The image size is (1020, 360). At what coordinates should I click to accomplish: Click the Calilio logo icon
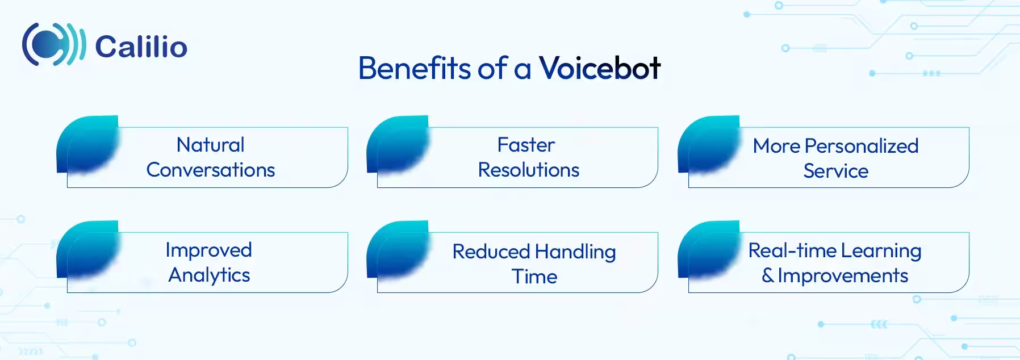click(x=53, y=44)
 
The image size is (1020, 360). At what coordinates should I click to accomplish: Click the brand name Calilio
click(x=141, y=47)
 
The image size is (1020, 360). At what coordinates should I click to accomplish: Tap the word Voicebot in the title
click(x=599, y=68)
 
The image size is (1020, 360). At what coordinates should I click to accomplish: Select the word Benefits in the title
click(x=415, y=68)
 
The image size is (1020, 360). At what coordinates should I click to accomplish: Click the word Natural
click(x=210, y=145)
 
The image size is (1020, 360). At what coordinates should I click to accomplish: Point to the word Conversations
click(x=210, y=170)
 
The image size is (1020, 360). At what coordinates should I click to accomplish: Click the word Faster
click(x=526, y=145)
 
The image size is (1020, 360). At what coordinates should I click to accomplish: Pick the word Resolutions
click(x=528, y=170)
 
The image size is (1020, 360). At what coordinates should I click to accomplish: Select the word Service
click(x=835, y=171)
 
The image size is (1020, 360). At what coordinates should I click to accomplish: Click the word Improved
click(x=208, y=250)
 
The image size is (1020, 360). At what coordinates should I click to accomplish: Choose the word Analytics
click(x=209, y=275)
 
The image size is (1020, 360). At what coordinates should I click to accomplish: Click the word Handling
click(x=575, y=252)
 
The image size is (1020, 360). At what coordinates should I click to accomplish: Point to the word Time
click(x=534, y=277)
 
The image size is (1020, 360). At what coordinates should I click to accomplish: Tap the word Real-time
click(x=792, y=250)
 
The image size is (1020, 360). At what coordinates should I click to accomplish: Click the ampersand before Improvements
click(x=767, y=275)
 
